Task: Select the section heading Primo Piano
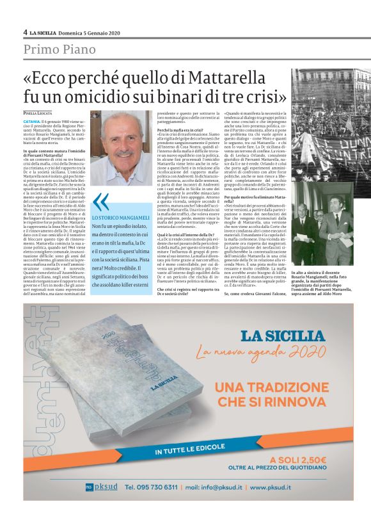pos(59,49)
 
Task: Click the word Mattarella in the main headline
pos(251,79)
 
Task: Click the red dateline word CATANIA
pos(32,120)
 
